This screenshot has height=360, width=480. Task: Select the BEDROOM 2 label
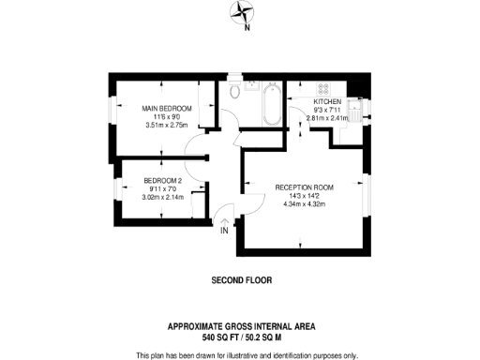(161, 180)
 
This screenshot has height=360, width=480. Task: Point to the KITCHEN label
(328, 101)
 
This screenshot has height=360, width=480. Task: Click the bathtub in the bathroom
(270, 104)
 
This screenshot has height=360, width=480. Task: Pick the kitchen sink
(356, 107)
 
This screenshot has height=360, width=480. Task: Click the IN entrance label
(224, 230)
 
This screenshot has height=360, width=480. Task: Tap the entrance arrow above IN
(224, 219)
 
